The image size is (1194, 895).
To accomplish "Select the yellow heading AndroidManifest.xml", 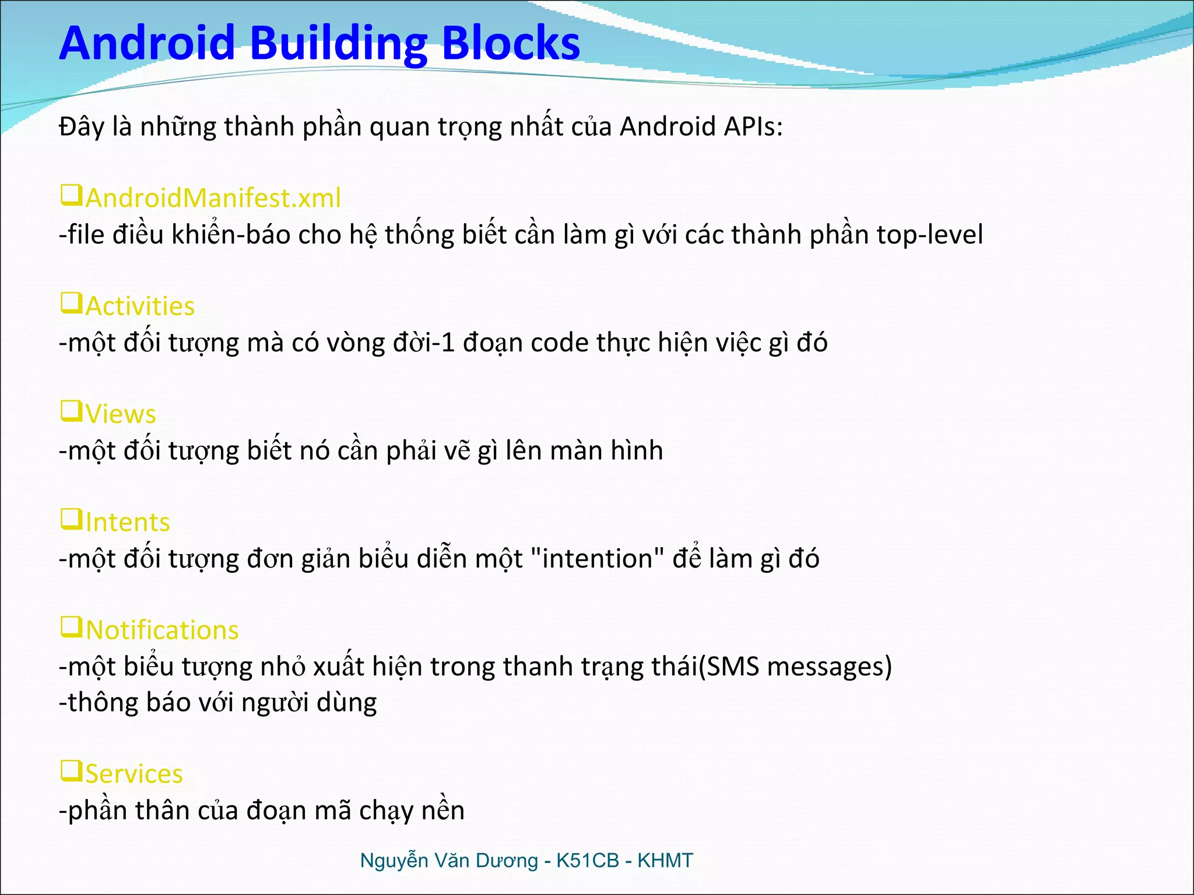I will click(213, 198).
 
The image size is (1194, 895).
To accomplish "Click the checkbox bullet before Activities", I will click(72, 303).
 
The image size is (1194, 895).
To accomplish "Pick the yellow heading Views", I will click(121, 414).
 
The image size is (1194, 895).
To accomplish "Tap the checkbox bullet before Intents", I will click(72, 519).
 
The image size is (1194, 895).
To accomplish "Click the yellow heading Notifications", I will click(162, 630).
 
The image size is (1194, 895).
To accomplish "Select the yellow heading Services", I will click(134, 774).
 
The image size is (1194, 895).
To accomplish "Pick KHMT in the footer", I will click(665, 861).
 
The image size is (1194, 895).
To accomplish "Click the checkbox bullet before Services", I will click(72, 771).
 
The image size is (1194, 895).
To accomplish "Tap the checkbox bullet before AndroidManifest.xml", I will click(72, 195).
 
